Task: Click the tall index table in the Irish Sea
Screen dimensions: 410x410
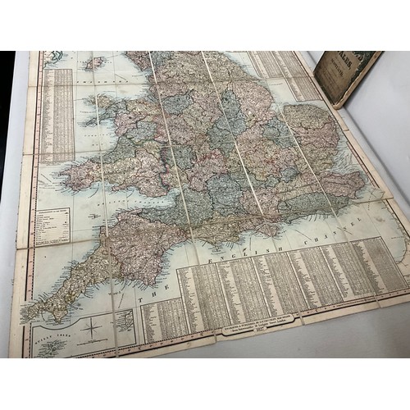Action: [57, 115]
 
